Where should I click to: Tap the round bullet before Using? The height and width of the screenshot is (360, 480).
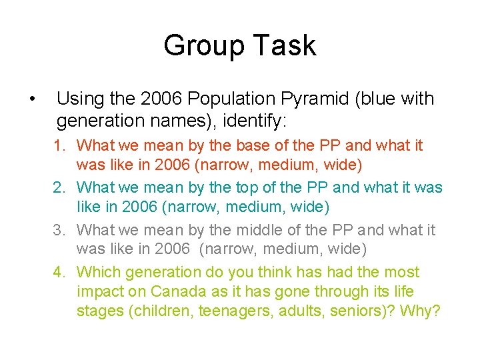click(x=32, y=100)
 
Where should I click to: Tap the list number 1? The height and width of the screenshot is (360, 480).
click(x=59, y=145)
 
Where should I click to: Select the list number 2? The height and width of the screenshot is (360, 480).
click(x=59, y=187)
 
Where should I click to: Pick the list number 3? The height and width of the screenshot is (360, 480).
click(x=59, y=230)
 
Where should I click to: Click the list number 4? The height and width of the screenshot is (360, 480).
click(x=59, y=272)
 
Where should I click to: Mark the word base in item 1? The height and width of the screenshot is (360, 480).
click(x=235, y=145)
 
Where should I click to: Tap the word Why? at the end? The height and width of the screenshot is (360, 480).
click(x=421, y=311)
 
